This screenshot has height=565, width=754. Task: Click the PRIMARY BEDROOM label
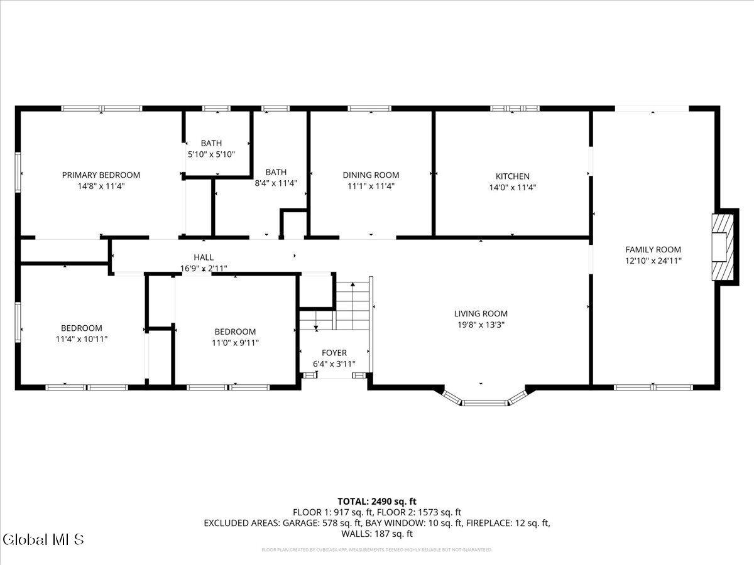(101, 175)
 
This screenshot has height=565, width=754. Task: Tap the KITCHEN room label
(512, 176)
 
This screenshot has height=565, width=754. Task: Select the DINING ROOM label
(371, 175)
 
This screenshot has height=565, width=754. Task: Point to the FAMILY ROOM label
(653, 249)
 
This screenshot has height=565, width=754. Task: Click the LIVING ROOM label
(481, 314)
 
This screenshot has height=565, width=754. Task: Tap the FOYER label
(334, 353)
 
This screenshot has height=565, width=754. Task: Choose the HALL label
(203, 257)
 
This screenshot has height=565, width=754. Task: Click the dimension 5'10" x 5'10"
(211, 154)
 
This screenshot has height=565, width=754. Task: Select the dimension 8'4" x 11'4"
(276, 183)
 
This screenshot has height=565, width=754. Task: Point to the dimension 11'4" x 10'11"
(81, 339)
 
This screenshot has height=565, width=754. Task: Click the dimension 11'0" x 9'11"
(235, 343)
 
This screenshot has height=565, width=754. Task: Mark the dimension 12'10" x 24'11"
(653, 261)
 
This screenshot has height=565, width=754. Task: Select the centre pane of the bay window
(484, 402)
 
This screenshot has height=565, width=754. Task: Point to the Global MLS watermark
(43, 539)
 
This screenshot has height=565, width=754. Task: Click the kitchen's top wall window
(515, 109)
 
